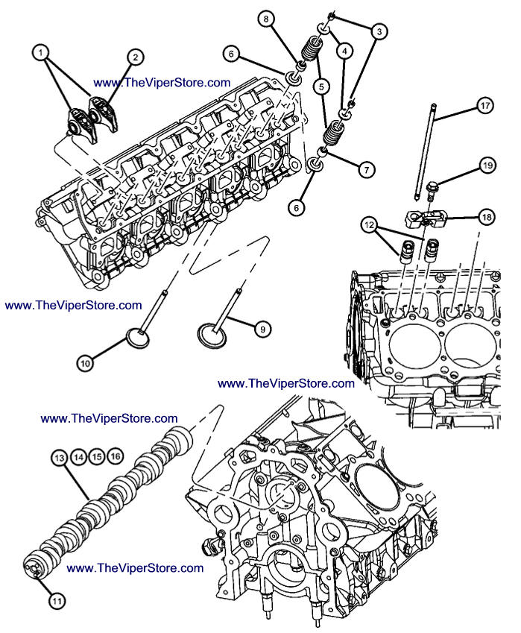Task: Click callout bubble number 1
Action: coord(41,52)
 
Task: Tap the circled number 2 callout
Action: coord(135,56)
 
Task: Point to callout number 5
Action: coord(321,86)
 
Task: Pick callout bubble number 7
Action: coord(366,170)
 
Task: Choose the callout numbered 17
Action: coord(485,106)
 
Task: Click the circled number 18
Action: coord(486,217)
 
